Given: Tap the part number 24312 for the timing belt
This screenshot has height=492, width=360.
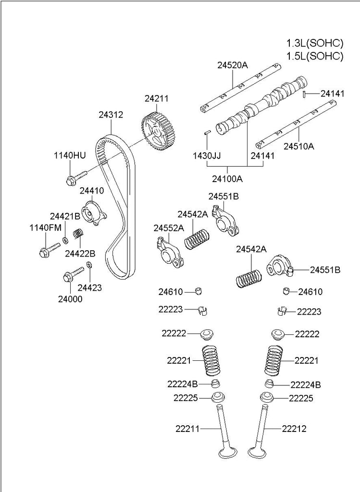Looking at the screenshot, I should click(111, 115).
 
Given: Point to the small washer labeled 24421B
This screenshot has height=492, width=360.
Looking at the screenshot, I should click(65, 239).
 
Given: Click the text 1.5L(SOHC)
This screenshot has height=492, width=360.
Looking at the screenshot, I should click(314, 56).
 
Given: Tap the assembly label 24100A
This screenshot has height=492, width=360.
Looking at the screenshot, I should click(228, 179).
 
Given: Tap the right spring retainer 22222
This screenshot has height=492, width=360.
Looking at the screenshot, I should click(277, 333).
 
